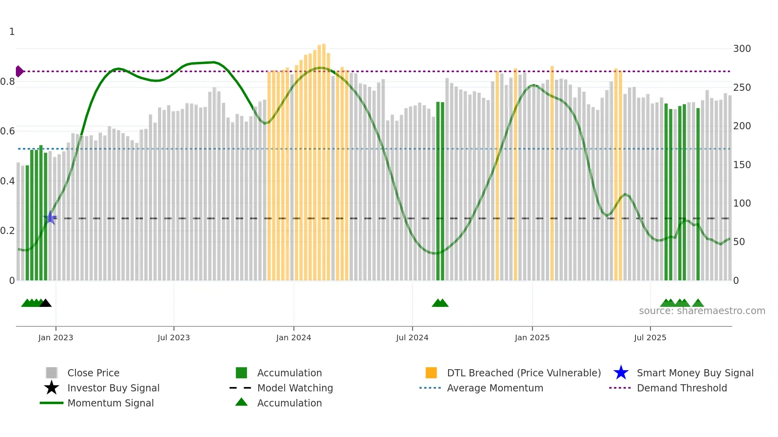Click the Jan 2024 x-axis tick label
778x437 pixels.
(293, 337)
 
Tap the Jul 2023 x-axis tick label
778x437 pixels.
(173, 337)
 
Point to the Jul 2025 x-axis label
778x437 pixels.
(650, 337)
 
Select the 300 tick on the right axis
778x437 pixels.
(741, 49)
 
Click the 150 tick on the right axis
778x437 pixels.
(741, 165)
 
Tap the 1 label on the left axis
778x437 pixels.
(12, 32)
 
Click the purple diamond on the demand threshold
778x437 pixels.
(19, 71)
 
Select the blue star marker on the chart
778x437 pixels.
(50, 218)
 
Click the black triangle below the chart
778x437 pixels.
(46, 303)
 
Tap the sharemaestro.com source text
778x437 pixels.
(702, 311)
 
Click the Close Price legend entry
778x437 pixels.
(93, 373)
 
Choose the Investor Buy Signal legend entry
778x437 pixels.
(113, 388)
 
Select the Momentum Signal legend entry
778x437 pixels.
(110, 403)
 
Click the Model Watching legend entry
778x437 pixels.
(295, 388)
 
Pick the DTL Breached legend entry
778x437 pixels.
(524, 373)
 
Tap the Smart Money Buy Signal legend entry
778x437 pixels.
(695, 373)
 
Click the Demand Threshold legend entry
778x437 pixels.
(682, 388)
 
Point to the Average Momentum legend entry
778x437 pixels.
(495, 388)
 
